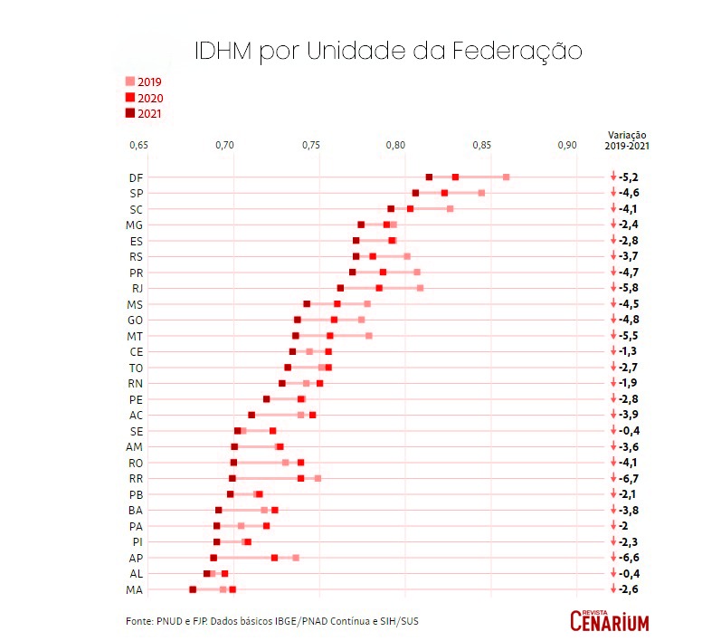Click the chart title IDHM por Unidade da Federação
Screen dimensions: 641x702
(x=388, y=51)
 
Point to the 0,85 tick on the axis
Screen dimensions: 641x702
(x=481, y=145)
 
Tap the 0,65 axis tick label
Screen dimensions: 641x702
(x=138, y=145)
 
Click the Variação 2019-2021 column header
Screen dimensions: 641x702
(x=626, y=139)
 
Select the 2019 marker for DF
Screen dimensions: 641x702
(x=507, y=177)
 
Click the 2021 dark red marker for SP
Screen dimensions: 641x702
(x=415, y=193)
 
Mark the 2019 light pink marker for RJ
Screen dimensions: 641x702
(x=420, y=288)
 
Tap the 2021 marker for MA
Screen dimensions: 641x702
(x=193, y=589)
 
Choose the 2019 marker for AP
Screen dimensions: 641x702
(x=296, y=558)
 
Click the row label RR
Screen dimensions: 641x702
(x=136, y=478)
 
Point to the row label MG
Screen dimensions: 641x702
(x=136, y=225)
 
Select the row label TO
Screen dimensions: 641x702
(x=136, y=368)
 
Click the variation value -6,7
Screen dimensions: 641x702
(x=629, y=478)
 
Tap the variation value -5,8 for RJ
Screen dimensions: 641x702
(x=629, y=288)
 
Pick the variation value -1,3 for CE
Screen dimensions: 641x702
(x=629, y=351)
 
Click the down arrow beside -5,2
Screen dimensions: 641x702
(x=612, y=177)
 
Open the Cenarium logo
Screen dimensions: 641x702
(x=610, y=620)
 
